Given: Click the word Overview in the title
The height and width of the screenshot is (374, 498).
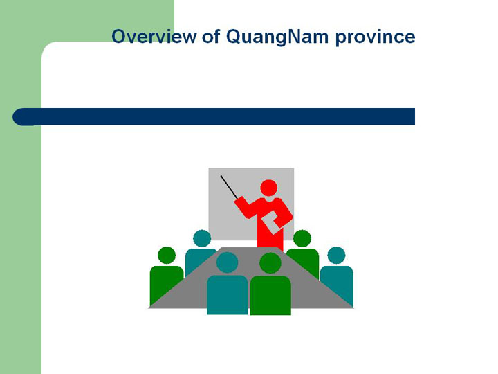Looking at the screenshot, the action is (x=154, y=36).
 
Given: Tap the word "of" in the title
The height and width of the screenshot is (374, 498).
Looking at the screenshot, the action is (x=211, y=36).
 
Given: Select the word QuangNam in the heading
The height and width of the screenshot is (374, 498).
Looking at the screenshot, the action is (x=277, y=37).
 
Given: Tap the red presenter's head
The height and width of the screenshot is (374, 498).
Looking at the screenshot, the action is (x=268, y=188).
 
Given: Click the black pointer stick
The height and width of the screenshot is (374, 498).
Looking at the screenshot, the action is (x=229, y=187).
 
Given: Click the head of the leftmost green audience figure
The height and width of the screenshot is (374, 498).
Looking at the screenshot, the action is (x=167, y=255).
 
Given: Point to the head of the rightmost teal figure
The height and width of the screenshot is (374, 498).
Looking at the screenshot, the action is (x=336, y=255).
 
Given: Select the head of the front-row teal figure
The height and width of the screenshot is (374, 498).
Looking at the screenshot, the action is (x=227, y=262).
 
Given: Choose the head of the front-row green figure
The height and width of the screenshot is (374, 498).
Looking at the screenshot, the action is (x=270, y=263).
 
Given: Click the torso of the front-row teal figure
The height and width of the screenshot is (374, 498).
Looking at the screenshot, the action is (x=228, y=295).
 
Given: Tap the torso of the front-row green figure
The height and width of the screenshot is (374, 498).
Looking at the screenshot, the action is (x=270, y=295).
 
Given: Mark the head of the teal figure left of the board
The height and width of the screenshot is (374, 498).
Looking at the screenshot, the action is (x=202, y=238).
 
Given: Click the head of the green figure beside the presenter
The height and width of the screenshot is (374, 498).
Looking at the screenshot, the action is (x=302, y=238).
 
